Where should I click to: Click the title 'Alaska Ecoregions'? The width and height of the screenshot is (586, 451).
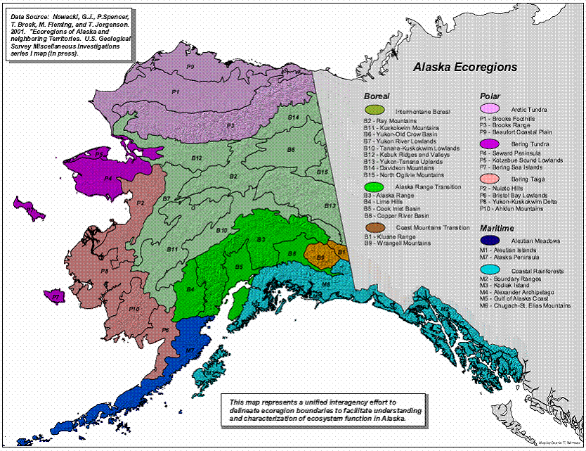pos(464,68)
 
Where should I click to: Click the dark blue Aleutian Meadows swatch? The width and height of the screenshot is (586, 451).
pos(490,241)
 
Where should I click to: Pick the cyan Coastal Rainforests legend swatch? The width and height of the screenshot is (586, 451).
pos(490,270)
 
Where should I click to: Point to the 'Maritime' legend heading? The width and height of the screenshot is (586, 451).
pos(496,229)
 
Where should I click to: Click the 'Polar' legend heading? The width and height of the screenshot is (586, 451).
pos(489,96)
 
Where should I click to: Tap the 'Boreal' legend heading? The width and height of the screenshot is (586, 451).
pos(376,96)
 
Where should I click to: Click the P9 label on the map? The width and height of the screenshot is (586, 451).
pos(190,66)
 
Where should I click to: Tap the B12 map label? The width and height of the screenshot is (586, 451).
pos(197,158)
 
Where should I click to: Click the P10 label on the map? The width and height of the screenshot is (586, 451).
pos(135,308)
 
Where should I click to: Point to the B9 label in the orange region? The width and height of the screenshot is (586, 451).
pos(320,258)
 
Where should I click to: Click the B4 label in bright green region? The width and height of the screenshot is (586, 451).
pos(190,289)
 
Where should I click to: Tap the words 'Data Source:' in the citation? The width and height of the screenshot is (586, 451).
pos(27,15)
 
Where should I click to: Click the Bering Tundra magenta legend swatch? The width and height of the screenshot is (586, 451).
pos(490,143)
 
